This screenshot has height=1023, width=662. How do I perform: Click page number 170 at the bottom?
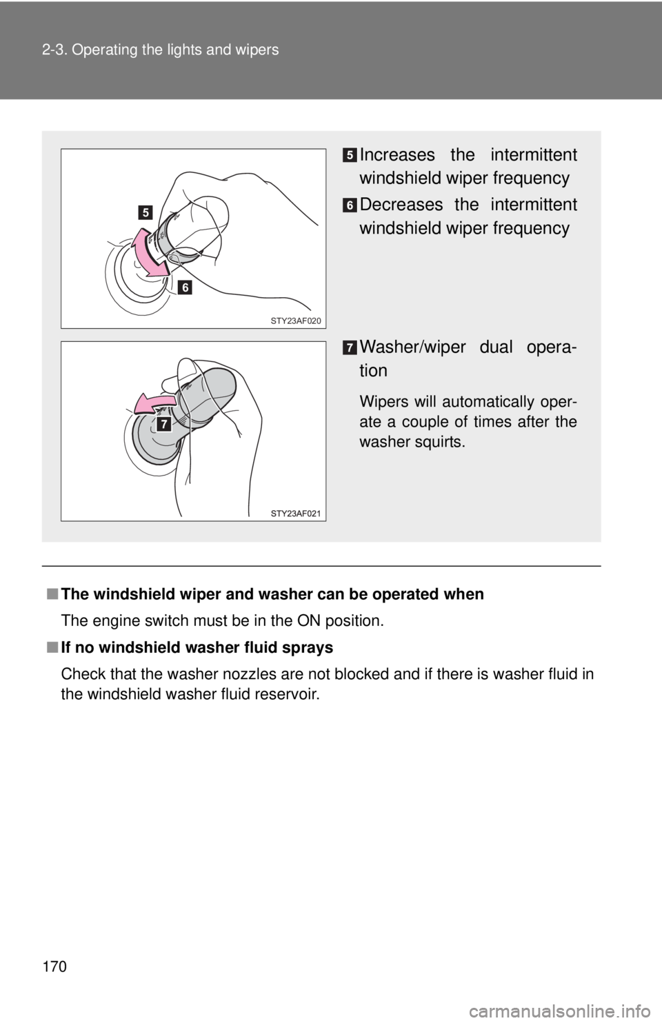[x=54, y=966]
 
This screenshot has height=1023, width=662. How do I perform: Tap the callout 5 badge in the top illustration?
[x=146, y=212]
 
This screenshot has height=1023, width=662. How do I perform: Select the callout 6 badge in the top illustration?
[x=185, y=287]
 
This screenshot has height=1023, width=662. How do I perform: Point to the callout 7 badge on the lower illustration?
[x=163, y=423]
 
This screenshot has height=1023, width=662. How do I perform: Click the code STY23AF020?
[x=296, y=321]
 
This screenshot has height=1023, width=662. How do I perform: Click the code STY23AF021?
[x=296, y=514]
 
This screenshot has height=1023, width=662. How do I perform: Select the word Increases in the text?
[x=397, y=155]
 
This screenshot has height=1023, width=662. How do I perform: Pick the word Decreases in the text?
[x=401, y=205]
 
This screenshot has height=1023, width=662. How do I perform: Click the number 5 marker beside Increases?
[x=350, y=156]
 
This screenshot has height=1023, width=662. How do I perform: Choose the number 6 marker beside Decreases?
[x=350, y=205]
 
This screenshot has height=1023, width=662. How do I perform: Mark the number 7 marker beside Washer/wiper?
[x=350, y=348]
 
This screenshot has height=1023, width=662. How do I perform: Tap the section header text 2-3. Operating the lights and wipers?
[x=161, y=50]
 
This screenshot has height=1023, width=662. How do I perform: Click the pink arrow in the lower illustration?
[x=154, y=404]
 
